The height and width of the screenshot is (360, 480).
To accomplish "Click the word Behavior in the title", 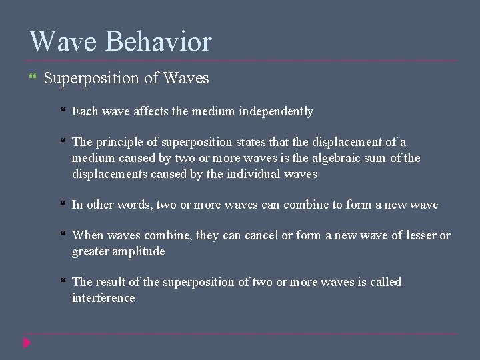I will [x=159, y=41].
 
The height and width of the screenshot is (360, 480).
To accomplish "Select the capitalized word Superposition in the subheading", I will [x=92, y=79].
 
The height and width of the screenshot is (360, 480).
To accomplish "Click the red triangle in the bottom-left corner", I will [x=27, y=343].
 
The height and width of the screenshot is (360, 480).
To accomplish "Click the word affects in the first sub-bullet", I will [x=151, y=111].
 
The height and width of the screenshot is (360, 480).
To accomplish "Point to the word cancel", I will [x=263, y=235].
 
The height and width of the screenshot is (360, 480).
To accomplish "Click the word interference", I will [x=103, y=298].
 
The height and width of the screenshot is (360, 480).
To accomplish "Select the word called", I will [x=385, y=282].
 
